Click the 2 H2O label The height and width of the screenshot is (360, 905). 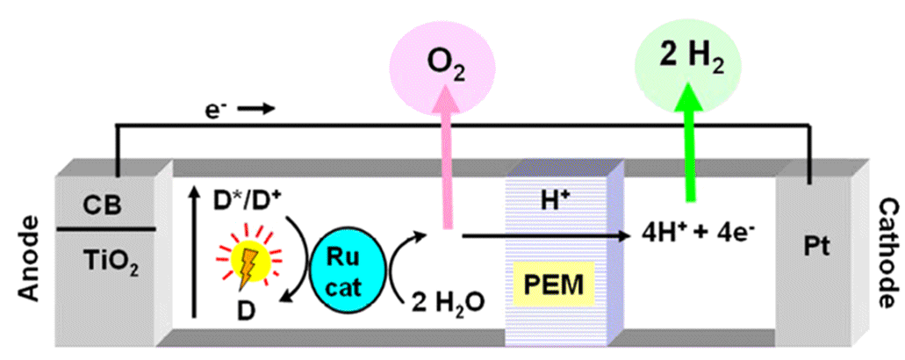coord(444,301)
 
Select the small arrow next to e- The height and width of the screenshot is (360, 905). coord(258,110)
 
